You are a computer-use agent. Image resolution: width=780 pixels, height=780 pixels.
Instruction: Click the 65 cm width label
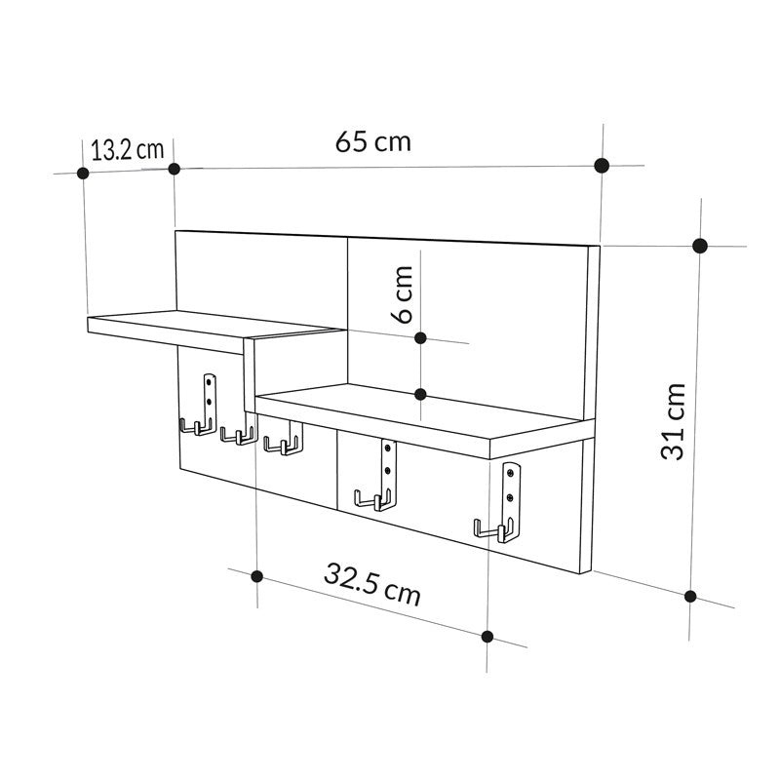pos(373,141)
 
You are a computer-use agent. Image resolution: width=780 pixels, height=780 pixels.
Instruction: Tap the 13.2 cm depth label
pos(127,149)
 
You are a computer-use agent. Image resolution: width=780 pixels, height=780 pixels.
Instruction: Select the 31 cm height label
pos(673,420)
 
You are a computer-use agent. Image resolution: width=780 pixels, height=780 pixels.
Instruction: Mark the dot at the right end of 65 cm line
pos(603,165)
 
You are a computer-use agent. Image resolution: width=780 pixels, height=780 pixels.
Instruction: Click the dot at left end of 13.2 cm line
pos(83,173)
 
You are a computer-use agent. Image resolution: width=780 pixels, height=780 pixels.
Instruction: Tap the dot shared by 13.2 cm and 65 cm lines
pos(175,169)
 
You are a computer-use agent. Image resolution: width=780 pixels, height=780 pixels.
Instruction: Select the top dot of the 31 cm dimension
pos(699,246)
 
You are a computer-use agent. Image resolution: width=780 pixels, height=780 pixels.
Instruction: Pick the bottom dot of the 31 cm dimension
pos(690,596)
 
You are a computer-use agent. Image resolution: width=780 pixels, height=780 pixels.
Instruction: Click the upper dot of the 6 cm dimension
pos(420,337)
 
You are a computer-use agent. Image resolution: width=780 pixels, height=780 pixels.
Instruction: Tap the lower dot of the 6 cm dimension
pos(420,394)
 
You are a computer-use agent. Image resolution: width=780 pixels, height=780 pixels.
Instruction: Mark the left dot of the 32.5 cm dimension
pos(256,575)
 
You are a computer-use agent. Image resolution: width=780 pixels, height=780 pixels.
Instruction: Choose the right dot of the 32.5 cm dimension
pos(487,637)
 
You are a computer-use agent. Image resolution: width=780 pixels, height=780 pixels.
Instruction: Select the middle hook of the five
pos(281,445)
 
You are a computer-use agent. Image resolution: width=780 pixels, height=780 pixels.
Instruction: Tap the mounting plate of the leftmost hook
pos(208,395)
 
